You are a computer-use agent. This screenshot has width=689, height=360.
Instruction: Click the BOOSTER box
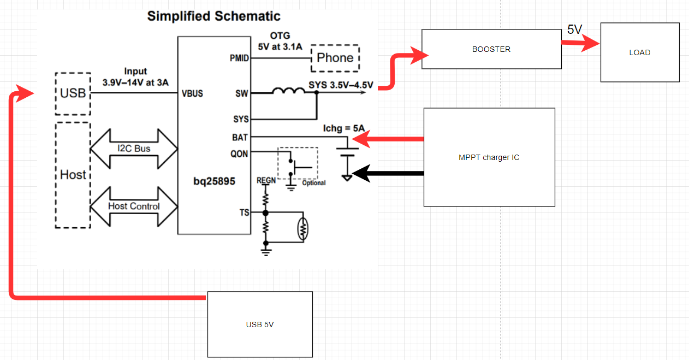(491, 49)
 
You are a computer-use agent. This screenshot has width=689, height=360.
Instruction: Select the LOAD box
(639, 52)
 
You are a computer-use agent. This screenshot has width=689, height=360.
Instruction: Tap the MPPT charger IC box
(489, 157)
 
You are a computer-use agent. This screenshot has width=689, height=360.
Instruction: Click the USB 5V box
(260, 324)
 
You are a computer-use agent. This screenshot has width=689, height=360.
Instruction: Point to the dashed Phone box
(335, 58)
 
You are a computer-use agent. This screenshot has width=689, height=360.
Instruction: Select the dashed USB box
(73, 93)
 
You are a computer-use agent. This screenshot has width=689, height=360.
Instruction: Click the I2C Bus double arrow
(134, 149)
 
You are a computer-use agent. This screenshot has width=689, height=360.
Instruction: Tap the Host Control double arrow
(134, 206)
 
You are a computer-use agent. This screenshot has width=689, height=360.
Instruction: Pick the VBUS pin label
(192, 93)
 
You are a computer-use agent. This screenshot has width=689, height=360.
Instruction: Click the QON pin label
(239, 154)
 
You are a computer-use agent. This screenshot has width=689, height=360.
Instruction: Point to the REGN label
(266, 180)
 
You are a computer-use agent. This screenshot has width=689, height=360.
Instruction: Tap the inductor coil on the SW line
(288, 92)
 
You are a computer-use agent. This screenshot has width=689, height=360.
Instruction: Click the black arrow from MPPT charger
(388, 174)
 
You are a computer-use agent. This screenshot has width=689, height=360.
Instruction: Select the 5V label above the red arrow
(574, 30)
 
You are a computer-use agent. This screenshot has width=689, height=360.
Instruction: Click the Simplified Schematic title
(213, 16)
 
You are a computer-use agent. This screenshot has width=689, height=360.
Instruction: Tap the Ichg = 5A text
(344, 129)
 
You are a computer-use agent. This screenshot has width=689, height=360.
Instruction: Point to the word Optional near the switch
(313, 183)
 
